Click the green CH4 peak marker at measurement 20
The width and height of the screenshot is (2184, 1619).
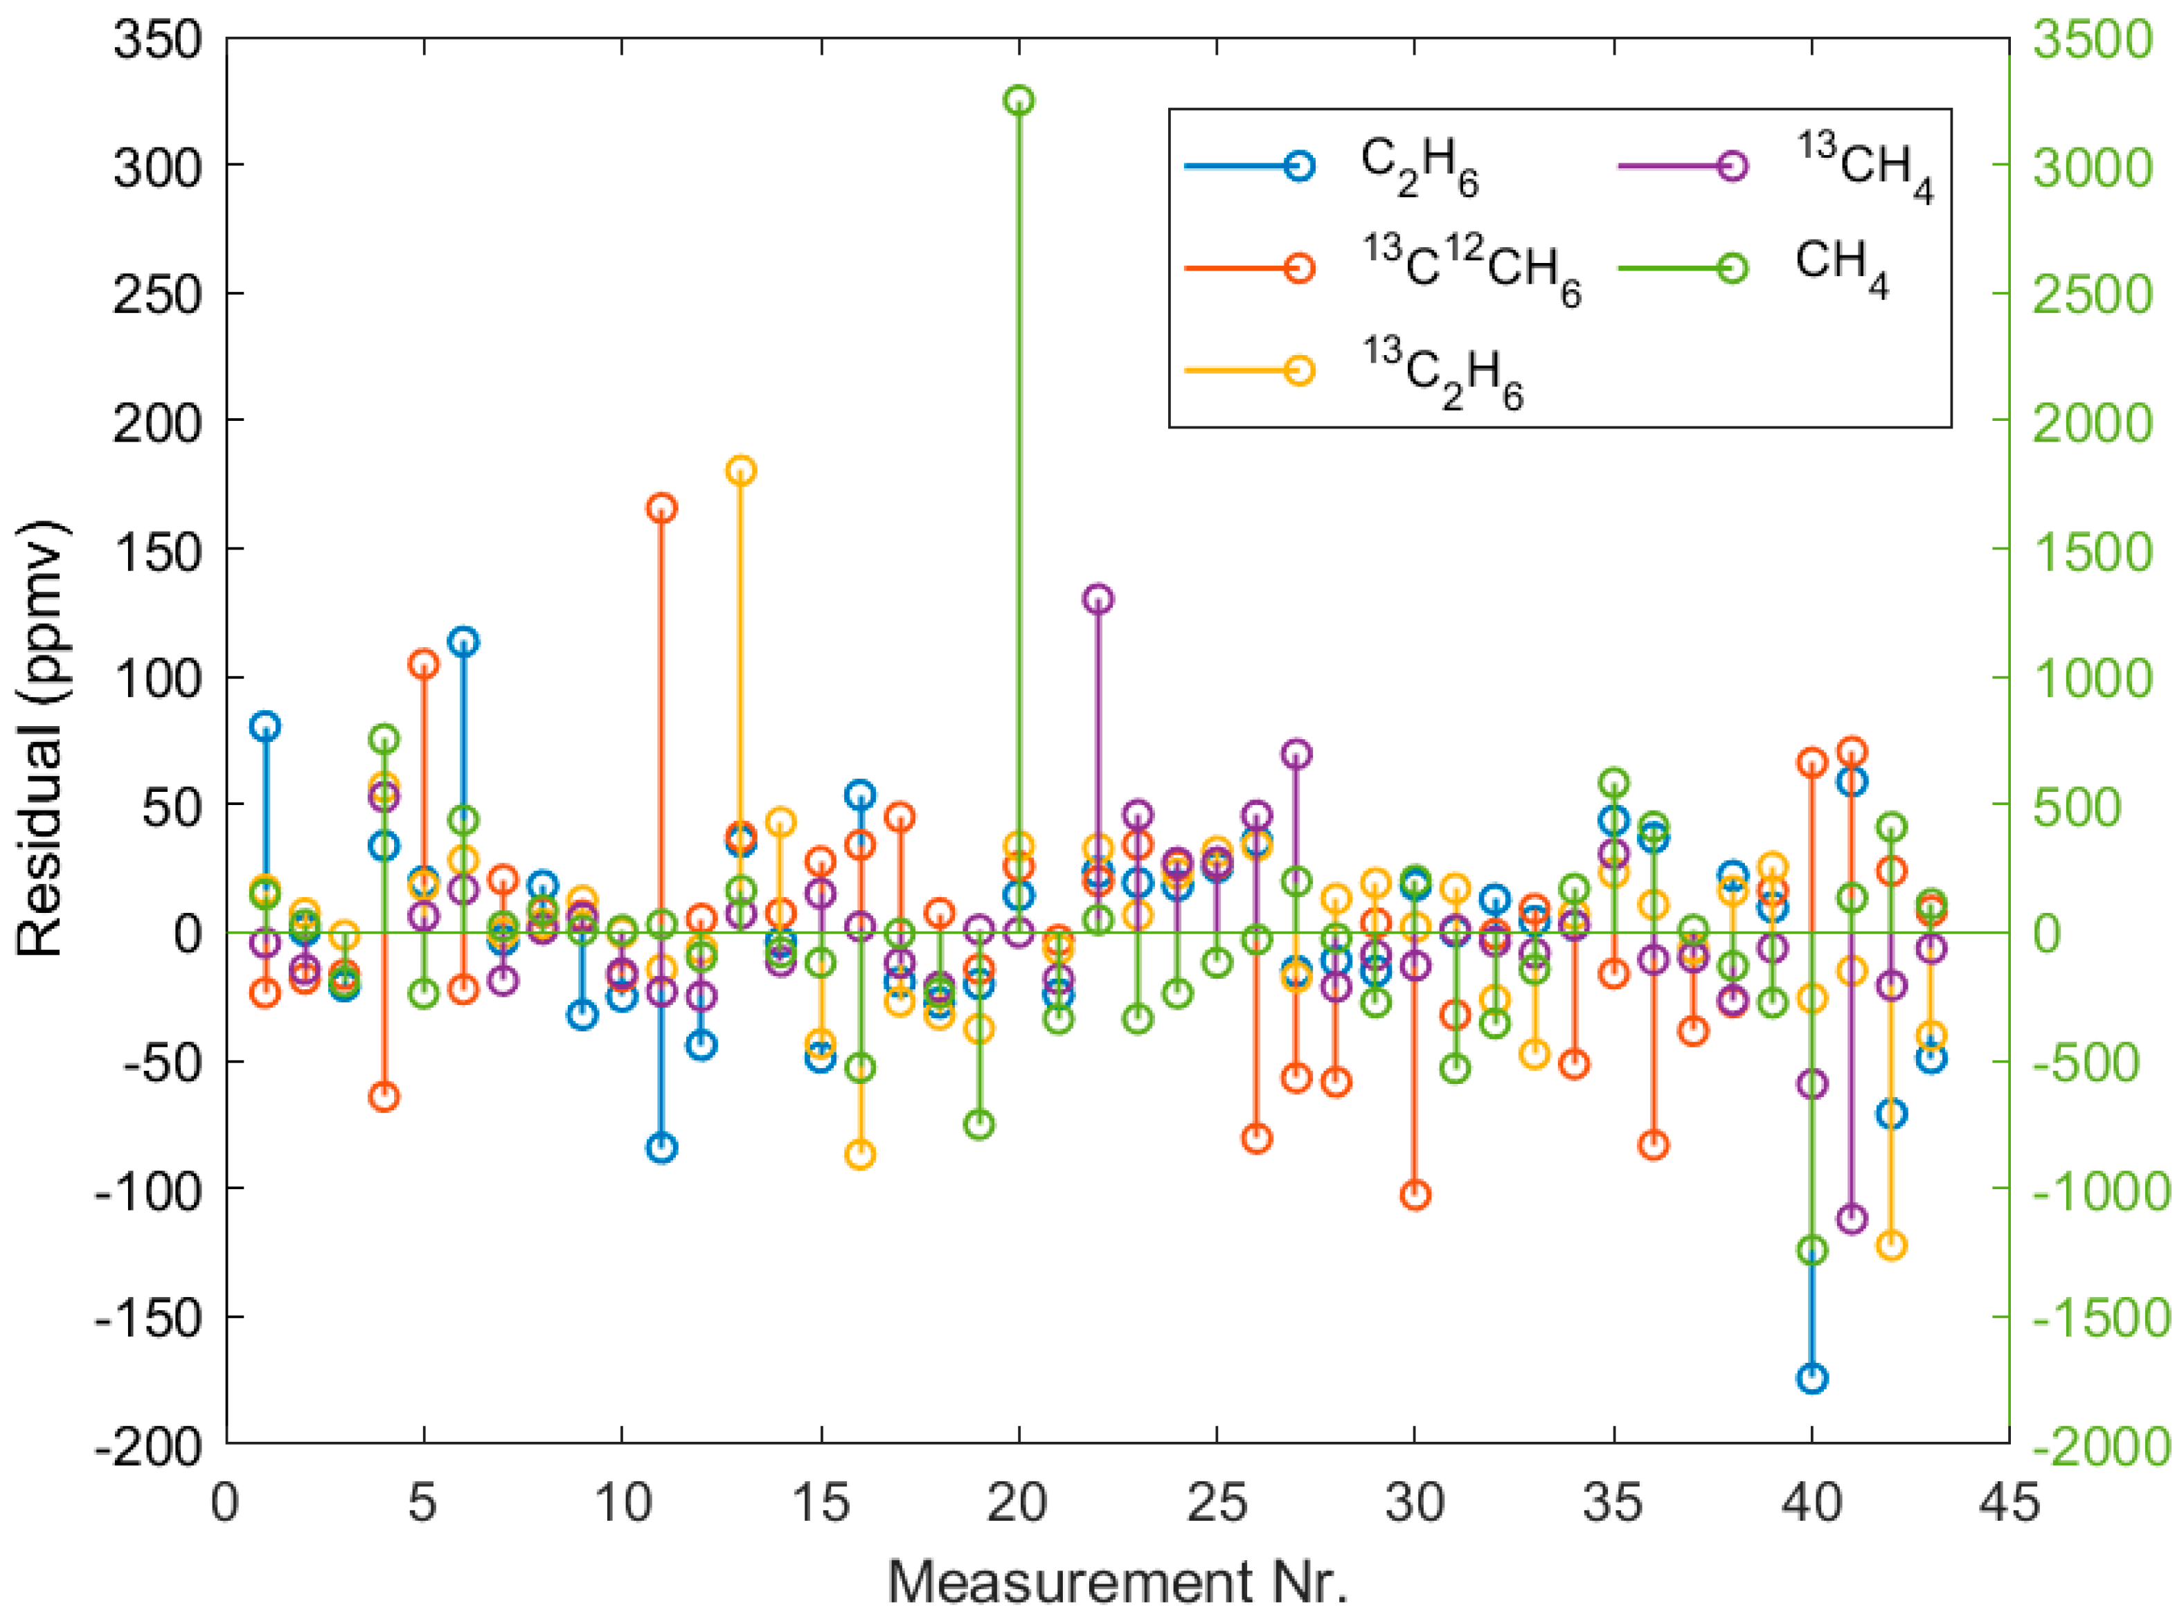(x=1019, y=100)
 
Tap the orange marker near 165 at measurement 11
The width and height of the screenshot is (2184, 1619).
(x=662, y=507)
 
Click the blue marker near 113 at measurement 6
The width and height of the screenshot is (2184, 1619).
(x=464, y=642)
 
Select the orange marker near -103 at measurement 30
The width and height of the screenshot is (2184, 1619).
(x=1415, y=1195)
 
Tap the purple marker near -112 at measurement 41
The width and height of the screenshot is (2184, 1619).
(x=1852, y=1219)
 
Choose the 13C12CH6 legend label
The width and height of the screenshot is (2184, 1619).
(x=1470, y=269)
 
